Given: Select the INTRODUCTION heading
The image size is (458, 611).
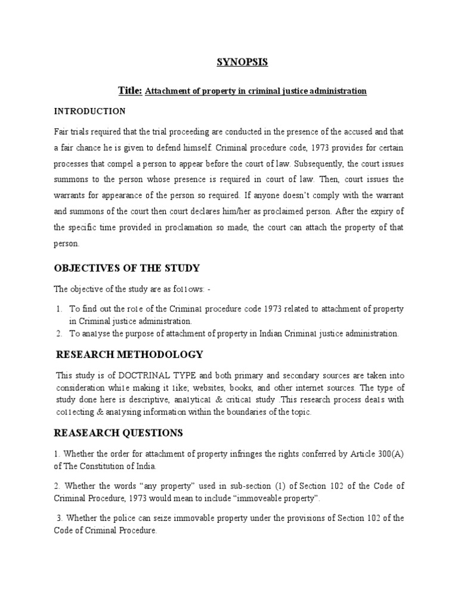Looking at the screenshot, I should (89, 111).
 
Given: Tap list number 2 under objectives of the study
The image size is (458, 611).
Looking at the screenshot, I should (60, 333).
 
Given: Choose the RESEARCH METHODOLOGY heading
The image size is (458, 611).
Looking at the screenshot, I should (129, 354).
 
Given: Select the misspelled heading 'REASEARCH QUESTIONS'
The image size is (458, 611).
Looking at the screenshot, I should (119, 433).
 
